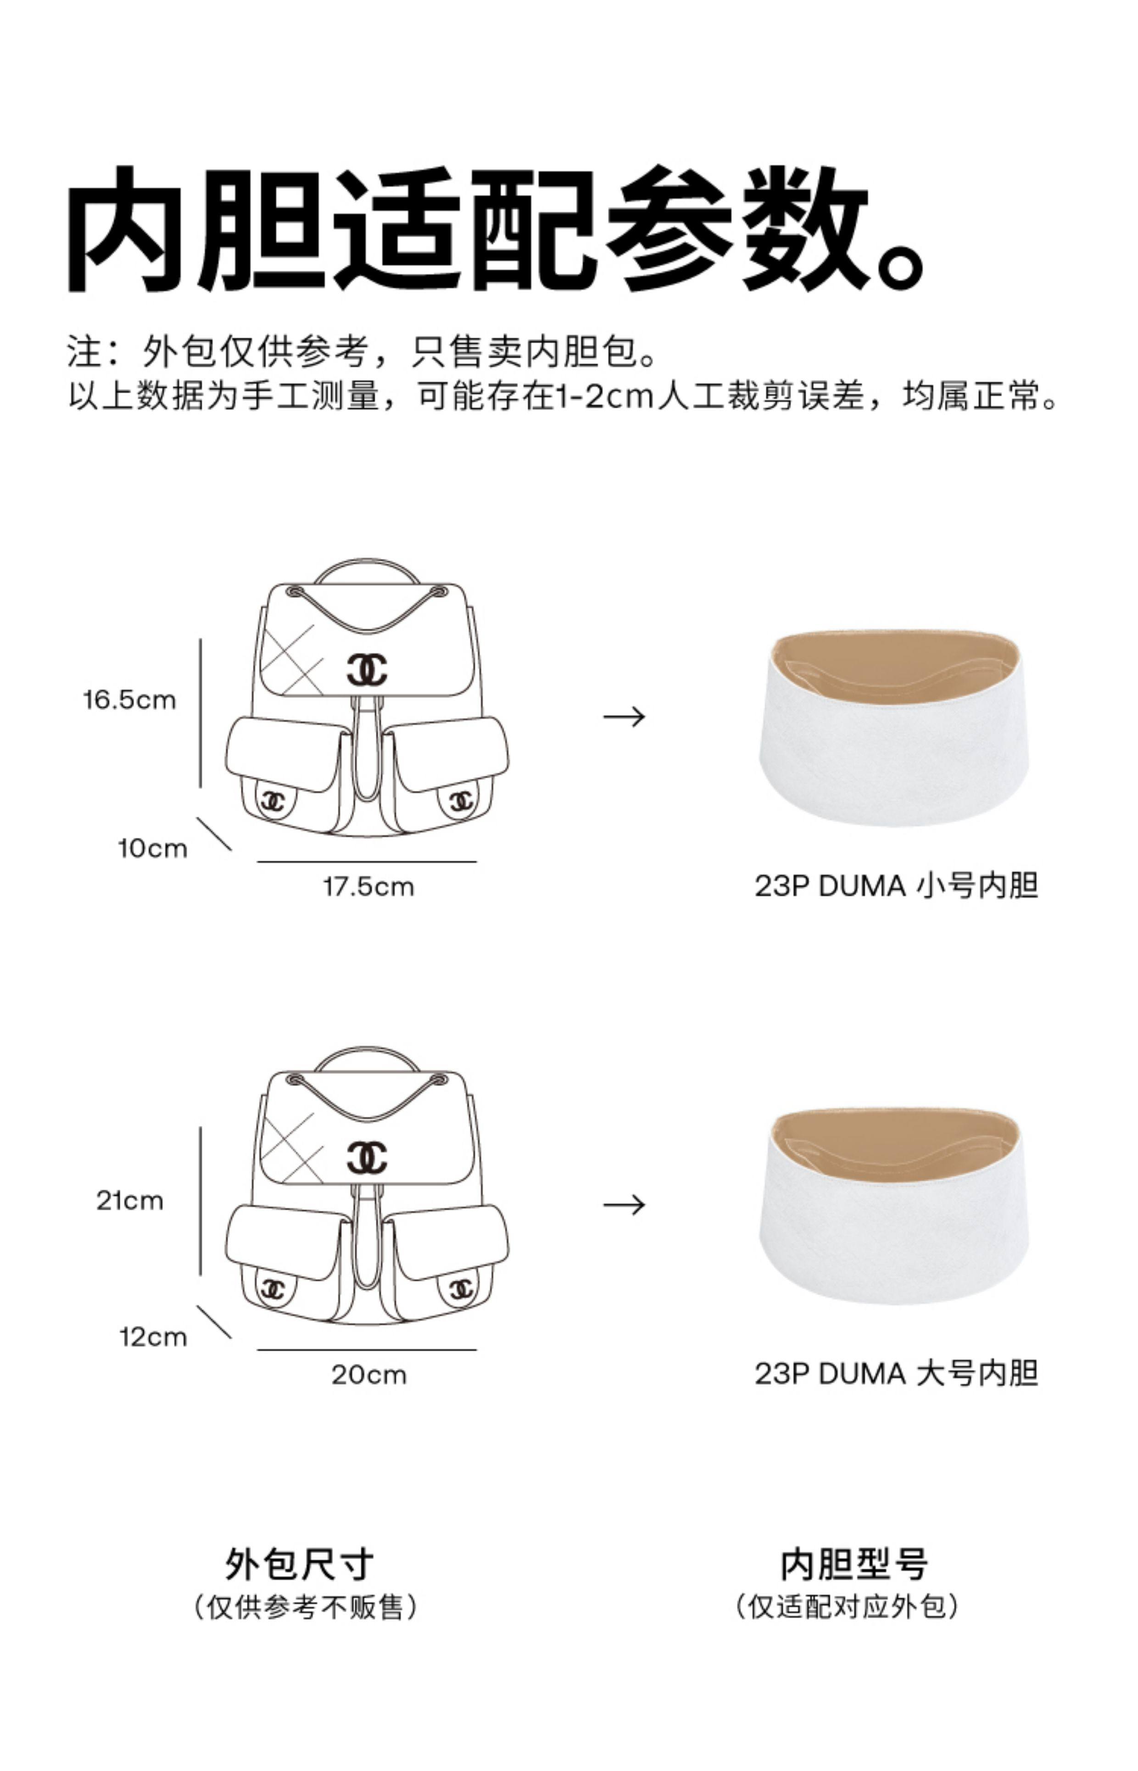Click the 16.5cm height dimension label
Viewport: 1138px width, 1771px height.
tap(130, 700)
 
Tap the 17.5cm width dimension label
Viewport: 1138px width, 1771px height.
tap(369, 886)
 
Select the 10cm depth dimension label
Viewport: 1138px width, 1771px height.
tap(153, 848)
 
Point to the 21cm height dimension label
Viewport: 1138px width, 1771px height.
tap(130, 1201)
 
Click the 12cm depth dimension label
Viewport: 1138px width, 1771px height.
tap(153, 1337)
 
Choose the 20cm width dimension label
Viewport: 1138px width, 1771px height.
tap(369, 1375)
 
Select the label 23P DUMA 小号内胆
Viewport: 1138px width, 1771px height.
tap(896, 885)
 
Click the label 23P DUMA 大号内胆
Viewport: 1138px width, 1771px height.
tap(896, 1374)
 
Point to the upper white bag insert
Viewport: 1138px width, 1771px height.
tap(894, 739)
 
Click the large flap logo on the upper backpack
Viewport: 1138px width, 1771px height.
tap(367, 669)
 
